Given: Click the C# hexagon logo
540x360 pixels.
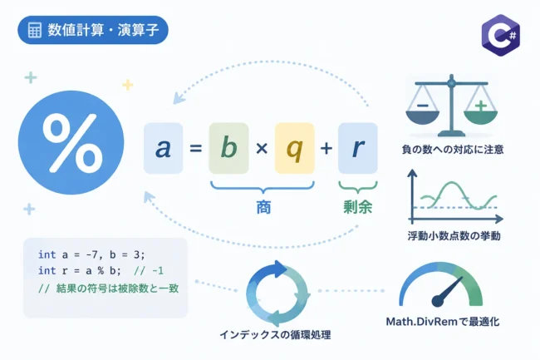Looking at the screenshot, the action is [x=501, y=35].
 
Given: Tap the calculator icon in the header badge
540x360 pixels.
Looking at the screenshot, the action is [x=34, y=30].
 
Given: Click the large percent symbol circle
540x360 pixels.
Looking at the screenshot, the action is [x=71, y=142].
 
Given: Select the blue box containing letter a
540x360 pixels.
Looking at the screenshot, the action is [x=163, y=148].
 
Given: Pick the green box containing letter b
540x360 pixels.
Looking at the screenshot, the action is [x=228, y=148].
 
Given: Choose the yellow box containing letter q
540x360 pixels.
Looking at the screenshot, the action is [x=294, y=148].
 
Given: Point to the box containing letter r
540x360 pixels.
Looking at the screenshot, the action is [x=358, y=148].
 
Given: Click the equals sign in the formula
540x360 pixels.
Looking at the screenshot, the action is [x=195, y=149].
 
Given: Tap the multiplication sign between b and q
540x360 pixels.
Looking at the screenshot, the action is [x=262, y=149].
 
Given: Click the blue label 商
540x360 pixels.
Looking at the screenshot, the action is [x=263, y=207].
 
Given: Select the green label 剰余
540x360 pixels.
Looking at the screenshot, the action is [x=358, y=207].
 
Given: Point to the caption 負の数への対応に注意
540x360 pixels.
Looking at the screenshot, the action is [x=453, y=150].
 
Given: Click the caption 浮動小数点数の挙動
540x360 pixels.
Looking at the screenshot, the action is [x=454, y=236].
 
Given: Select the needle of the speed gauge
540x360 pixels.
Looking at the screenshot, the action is [x=447, y=292].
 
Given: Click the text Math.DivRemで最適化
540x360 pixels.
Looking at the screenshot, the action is [x=443, y=322].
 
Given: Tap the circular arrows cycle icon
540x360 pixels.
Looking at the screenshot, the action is [x=277, y=293].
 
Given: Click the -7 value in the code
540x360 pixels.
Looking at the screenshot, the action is [x=91, y=255].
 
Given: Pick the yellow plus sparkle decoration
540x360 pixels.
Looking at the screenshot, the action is [x=128, y=85].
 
